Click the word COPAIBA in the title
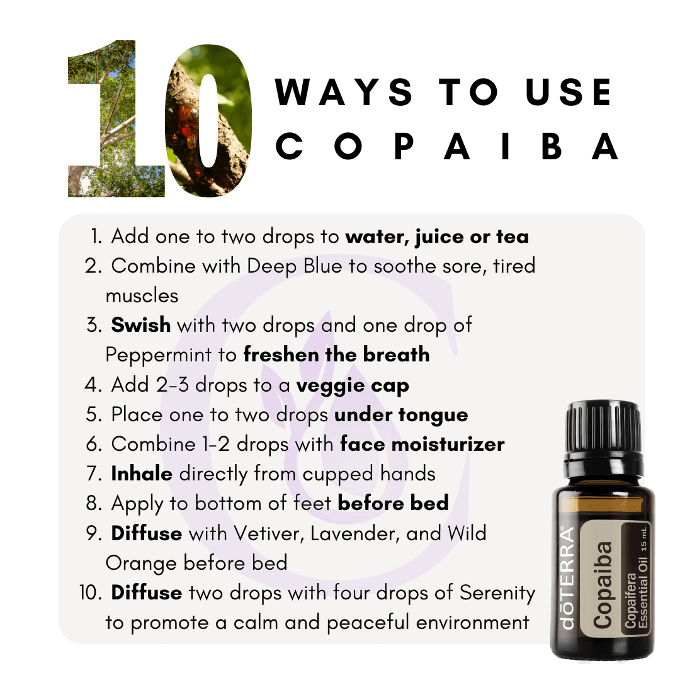[x=446, y=146]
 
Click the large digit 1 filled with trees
[x=117, y=119]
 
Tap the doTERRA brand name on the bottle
[x=567, y=577]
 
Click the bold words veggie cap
[x=353, y=385]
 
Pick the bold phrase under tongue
[x=401, y=415]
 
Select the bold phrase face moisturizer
[x=422, y=445]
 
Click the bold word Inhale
[x=142, y=473]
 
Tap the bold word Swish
[x=141, y=326]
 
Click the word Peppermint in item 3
[x=159, y=355]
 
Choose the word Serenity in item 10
[x=497, y=594]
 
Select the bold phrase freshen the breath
[x=336, y=354]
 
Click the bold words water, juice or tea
[x=437, y=237]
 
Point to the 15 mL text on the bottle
[x=643, y=540]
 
